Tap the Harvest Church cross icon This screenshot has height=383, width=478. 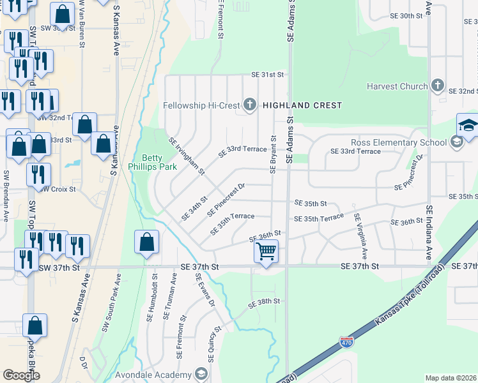tap(438, 86)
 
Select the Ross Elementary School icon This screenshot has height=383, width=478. tap(456, 142)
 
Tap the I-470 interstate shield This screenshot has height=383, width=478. tap(347, 342)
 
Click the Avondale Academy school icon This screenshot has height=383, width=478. tap(201, 374)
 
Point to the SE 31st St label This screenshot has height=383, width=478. tap(267, 75)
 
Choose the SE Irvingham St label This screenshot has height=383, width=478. tap(186, 156)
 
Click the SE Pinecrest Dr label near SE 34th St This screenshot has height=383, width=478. tap(226, 199)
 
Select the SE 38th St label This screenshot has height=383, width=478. tap(265, 301)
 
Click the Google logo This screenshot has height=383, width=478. tap(21, 375)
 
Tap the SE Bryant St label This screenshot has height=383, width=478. tap(274, 153)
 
